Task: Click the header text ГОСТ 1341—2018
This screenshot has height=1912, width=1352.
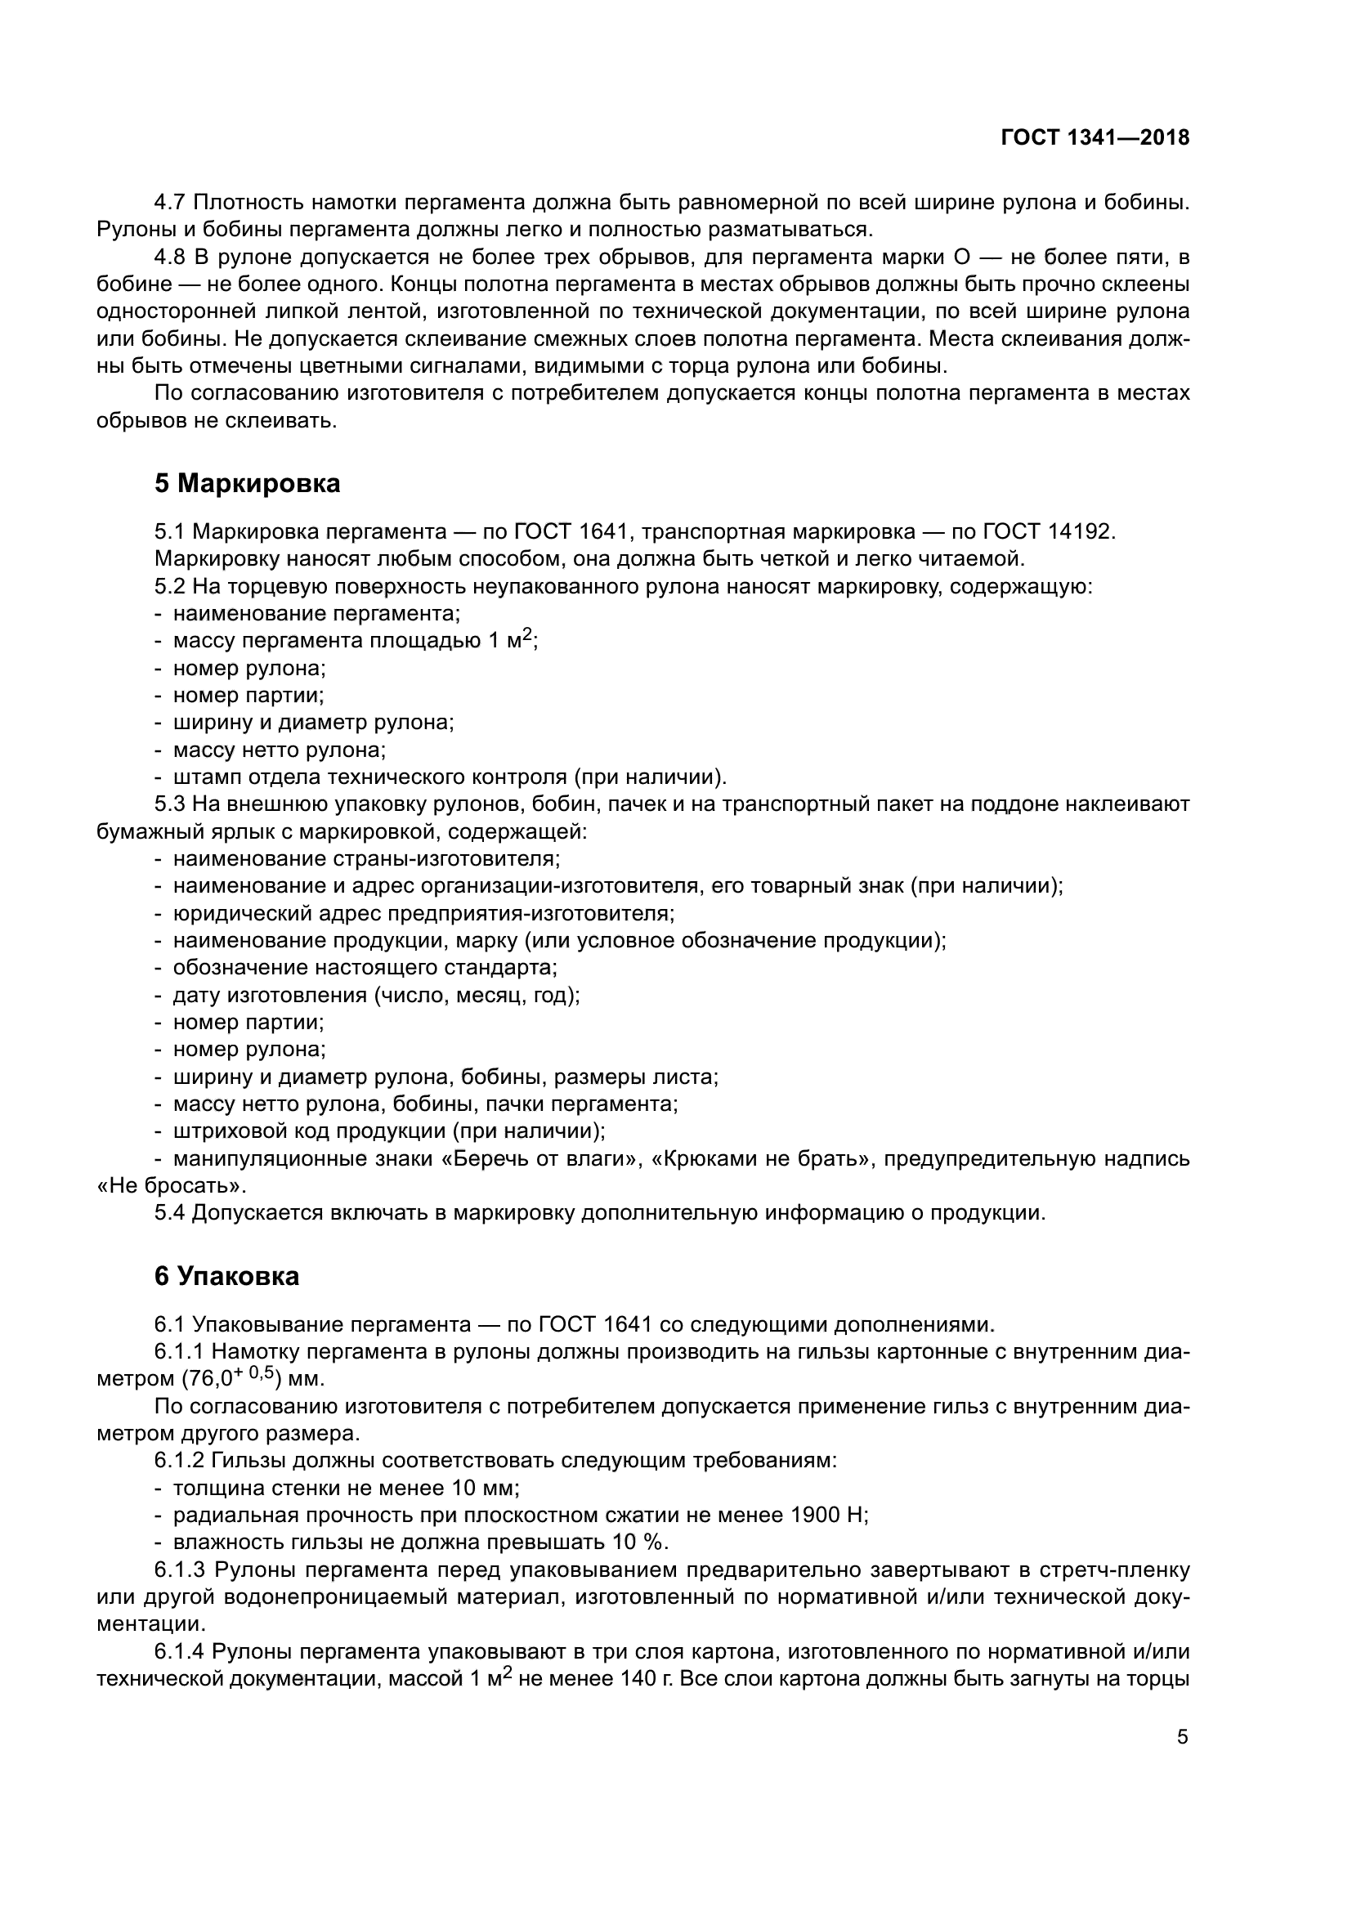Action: (x=1095, y=138)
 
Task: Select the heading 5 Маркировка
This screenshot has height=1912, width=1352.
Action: (x=247, y=483)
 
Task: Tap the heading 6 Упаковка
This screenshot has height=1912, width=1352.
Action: (x=226, y=1276)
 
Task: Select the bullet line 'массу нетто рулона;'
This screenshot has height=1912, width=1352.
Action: (x=280, y=750)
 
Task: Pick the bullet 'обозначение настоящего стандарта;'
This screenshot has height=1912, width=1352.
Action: (x=365, y=968)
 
